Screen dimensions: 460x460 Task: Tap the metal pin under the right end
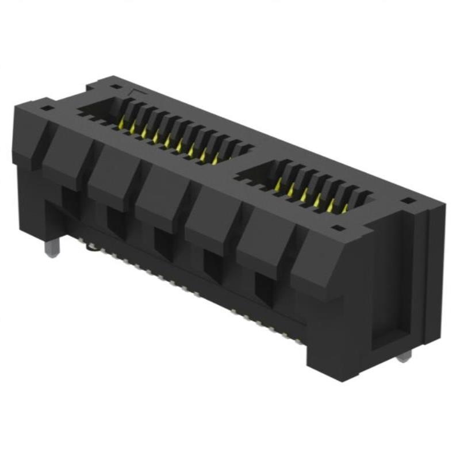(x=405, y=356)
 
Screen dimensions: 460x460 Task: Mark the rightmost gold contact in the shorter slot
(x=343, y=209)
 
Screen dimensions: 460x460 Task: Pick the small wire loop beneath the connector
(x=92, y=248)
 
